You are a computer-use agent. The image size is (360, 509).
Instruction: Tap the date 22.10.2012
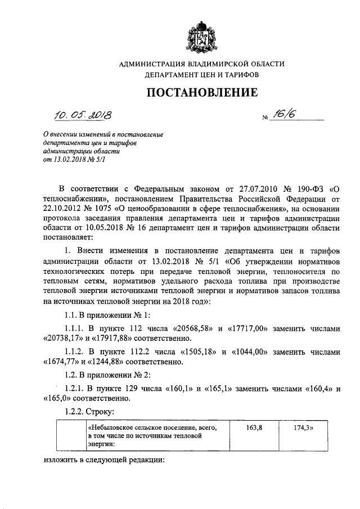(62, 209)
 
